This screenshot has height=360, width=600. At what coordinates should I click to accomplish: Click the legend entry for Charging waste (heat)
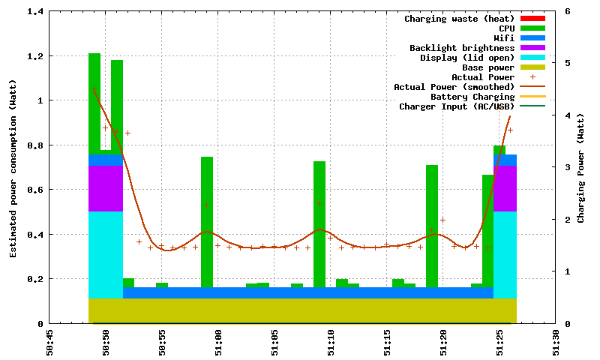tap(459, 19)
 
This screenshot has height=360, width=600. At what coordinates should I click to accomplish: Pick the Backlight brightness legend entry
tap(462, 48)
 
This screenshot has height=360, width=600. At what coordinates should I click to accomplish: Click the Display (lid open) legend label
tap(467, 58)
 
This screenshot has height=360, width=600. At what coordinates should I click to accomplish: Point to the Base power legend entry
tap(487, 67)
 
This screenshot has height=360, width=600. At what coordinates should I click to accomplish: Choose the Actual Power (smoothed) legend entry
tap(454, 87)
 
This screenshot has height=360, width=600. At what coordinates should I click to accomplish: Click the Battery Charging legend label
tap(472, 97)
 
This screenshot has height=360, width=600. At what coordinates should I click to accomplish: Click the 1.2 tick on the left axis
tap(35, 56)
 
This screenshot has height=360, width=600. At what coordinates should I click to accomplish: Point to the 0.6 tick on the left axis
tap(35, 190)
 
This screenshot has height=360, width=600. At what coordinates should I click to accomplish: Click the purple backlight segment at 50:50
tap(105, 188)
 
